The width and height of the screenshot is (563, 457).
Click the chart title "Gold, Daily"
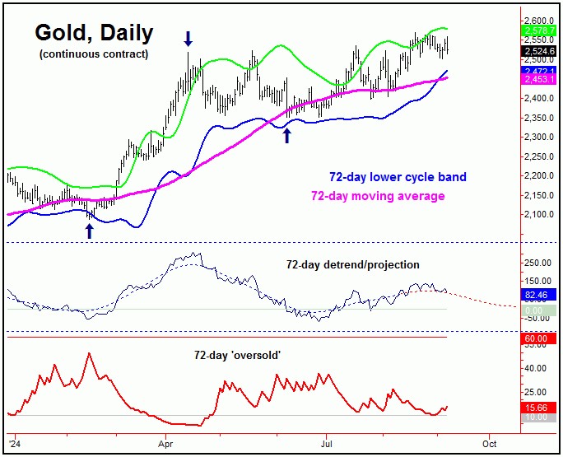point(93,33)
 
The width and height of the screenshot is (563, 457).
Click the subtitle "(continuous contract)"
point(93,54)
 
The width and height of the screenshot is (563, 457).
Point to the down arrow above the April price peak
point(188,38)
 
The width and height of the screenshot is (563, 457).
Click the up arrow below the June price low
point(286,135)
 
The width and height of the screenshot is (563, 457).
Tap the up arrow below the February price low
point(90,231)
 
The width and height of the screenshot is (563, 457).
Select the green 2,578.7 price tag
point(538,30)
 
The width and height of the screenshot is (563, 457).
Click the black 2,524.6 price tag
point(538,51)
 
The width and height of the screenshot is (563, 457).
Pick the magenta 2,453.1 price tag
point(538,79)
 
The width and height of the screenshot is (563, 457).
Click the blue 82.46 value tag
point(538,294)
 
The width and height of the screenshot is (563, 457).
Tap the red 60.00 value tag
point(538,338)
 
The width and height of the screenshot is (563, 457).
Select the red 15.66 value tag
point(538,408)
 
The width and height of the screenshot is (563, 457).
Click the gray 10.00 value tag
point(538,417)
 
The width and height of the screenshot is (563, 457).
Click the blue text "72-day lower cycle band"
point(398,177)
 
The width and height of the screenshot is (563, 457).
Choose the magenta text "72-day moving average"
point(377,196)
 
